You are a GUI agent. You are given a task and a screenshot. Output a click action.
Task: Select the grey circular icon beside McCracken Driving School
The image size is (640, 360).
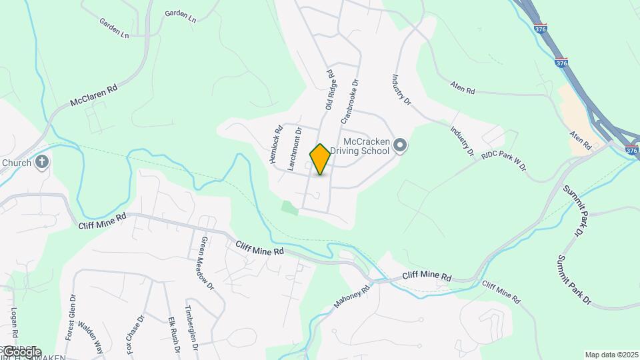tap(400, 145)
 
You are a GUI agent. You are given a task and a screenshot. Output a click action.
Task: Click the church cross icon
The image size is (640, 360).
tap(42, 162)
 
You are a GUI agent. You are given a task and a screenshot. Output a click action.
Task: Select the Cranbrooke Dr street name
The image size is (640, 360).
tap(350, 102)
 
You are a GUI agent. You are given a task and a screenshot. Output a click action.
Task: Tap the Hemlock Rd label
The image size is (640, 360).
tap(276, 145)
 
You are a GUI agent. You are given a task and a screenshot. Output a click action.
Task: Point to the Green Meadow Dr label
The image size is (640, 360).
tap(207, 263)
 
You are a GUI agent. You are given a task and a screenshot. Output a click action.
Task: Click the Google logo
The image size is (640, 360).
tap(22, 352)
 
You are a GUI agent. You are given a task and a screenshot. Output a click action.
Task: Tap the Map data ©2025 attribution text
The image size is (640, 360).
tap(611, 355)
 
